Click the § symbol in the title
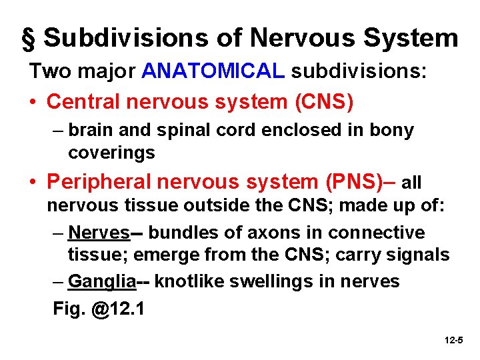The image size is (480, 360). (x=28, y=39)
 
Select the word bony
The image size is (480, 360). (x=392, y=131)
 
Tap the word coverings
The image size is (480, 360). (x=111, y=153)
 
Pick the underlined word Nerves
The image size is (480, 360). (x=99, y=233)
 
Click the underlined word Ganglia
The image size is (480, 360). (x=102, y=281)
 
